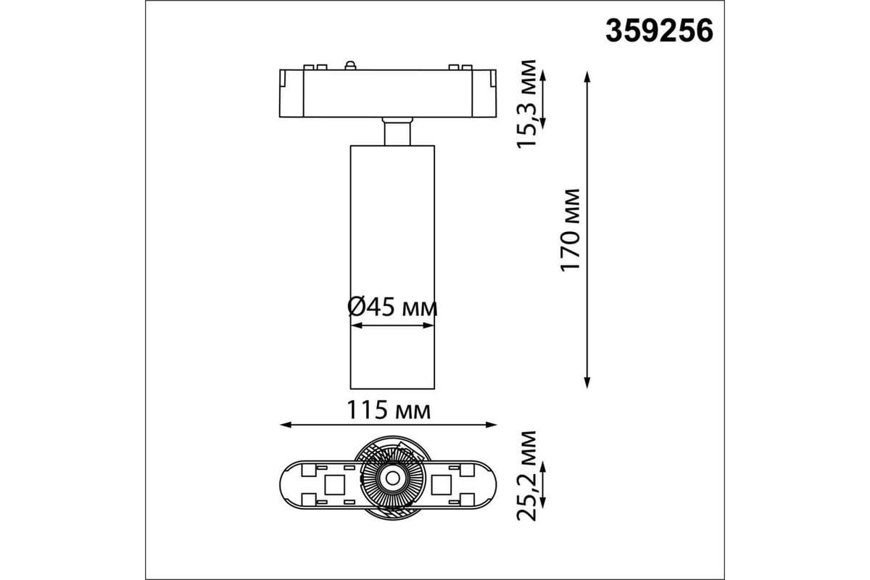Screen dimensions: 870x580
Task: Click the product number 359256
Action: tap(659, 31)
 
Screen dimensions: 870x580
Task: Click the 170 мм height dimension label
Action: tap(570, 230)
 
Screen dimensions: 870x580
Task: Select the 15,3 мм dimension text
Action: tap(526, 104)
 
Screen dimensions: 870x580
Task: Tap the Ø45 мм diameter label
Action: tap(392, 307)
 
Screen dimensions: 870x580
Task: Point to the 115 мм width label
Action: tap(389, 410)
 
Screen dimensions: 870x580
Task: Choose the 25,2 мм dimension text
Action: tap(526, 476)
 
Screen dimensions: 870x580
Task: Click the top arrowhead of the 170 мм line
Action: tap(587, 77)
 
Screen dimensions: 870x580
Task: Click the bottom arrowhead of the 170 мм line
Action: tap(587, 383)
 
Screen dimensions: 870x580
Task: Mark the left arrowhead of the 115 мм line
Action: tap(286, 425)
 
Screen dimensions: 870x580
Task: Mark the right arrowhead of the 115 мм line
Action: tap(492, 425)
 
